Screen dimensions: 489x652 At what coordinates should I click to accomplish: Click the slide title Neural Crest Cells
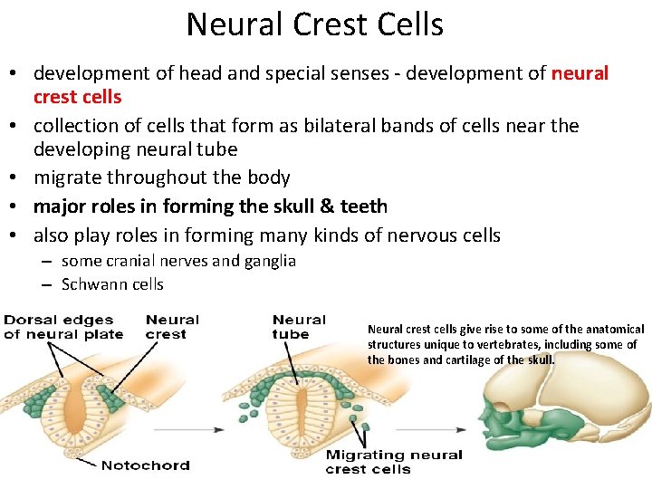[x=314, y=24]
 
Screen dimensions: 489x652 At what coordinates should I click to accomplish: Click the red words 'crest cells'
[x=77, y=96]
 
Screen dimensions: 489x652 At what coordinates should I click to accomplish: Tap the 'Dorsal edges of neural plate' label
[x=59, y=326]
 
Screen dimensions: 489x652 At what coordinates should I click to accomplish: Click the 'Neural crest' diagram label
[x=172, y=326]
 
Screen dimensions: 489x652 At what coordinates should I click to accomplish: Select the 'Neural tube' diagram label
[x=298, y=326]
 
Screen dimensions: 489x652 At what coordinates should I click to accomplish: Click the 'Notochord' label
[x=145, y=465]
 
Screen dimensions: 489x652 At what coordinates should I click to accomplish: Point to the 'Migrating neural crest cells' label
[x=393, y=462]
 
